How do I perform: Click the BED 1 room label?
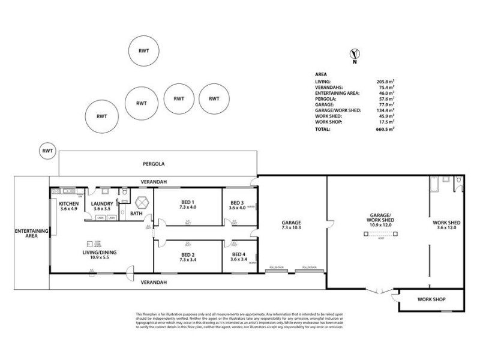click(x=188, y=202)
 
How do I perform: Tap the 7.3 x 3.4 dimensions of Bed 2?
click(x=188, y=260)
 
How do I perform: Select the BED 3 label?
click(x=237, y=202)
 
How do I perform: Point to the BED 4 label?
click(x=237, y=254)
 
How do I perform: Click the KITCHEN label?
click(x=69, y=203)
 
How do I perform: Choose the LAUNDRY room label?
click(x=103, y=203)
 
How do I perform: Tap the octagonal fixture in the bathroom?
click(x=142, y=202)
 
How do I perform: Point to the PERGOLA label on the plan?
click(x=154, y=163)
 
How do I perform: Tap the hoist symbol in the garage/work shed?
click(x=378, y=235)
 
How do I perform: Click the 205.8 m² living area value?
click(x=385, y=80)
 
